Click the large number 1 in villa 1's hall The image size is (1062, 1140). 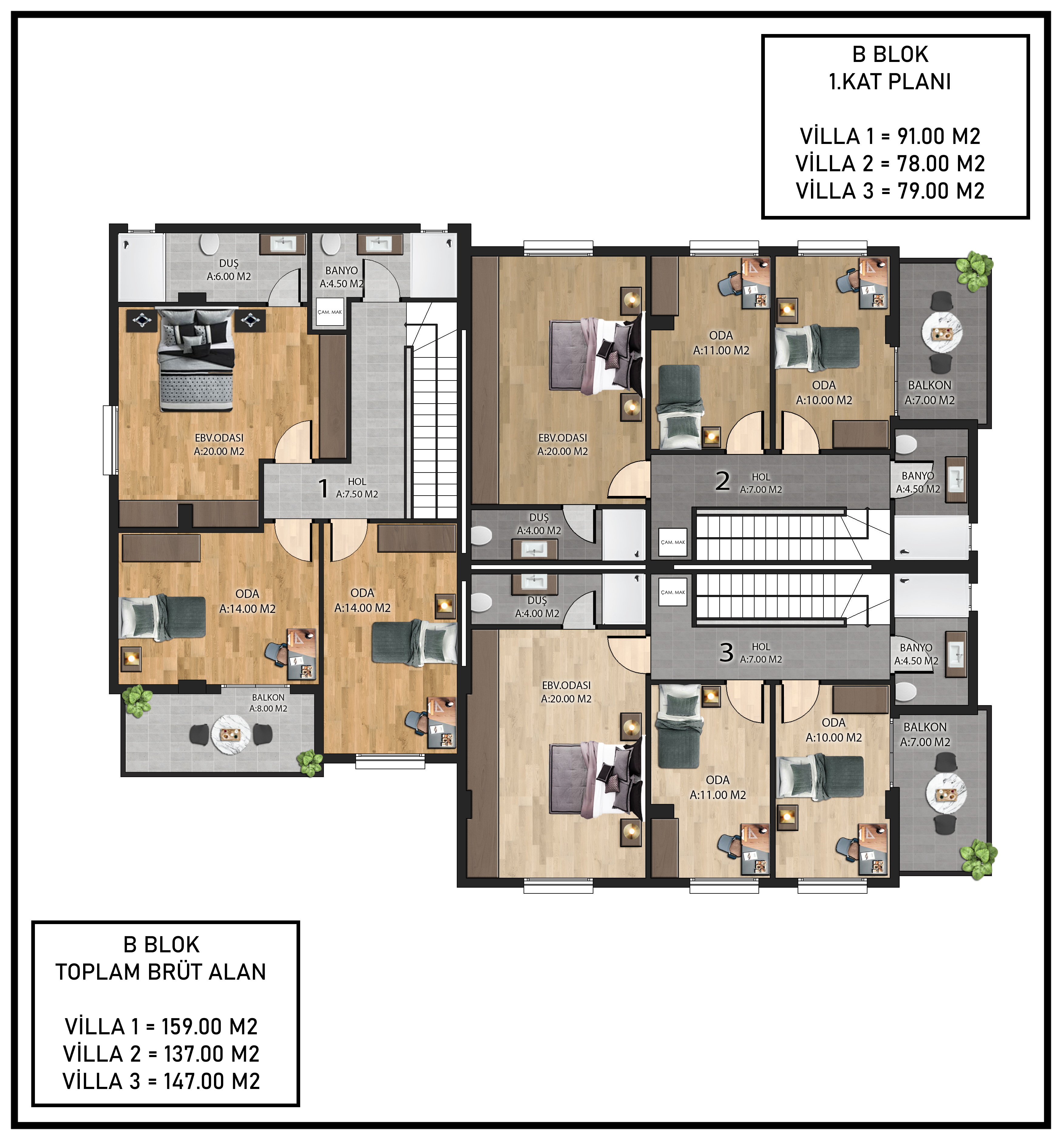[323, 489]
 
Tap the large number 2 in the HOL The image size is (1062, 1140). [722, 480]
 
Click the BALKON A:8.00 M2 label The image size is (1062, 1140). [268, 703]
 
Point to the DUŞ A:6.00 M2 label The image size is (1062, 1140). [229, 270]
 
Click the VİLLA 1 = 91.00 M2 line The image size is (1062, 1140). [890, 136]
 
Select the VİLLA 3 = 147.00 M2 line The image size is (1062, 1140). [161, 1081]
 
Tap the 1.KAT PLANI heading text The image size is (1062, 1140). [890, 82]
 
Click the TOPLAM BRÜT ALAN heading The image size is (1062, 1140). [161, 972]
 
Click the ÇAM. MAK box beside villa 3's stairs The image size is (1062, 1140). [672, 592]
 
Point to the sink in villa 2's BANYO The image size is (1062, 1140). [956, 480]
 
